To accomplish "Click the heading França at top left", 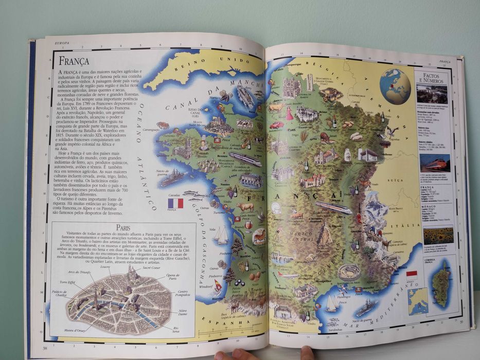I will pyautogui.click(x=74, y=61).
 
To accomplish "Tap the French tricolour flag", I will pyautogui.click(x=175, y=203).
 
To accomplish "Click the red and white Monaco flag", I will pyautogui.click(x=411, y=274).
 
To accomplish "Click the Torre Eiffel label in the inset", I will pyautogui.click(x=67, y=282).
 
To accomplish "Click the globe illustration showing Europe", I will pyautogui.click(x=395, y=86).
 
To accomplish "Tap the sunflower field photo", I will pyautogui.click(x=438, y=236).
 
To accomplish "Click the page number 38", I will pyautogui.click(x=45, y=348).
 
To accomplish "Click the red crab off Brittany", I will pyautogui.click(x=163, y=125).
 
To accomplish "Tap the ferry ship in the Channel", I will pyautogui.click(x=245, y=96).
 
